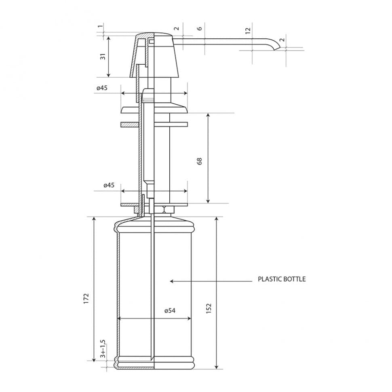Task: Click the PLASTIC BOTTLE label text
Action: coord(282,279)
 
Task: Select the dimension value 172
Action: coord(86,299)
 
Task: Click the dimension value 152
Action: coord(209,308)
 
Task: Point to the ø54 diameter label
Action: coord(170,311)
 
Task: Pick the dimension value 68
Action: coord(199,162)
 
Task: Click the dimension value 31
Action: coord(103,57)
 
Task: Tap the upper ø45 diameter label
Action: coord(102,88)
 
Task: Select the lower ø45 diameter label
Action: coord(109,185)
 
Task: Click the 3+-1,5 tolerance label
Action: coord(103,349)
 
